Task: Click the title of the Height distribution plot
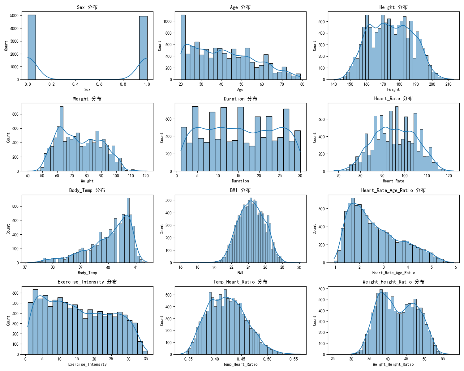tap(393, 7)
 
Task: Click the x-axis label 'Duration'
tap(240, 181)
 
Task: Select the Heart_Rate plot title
tap(393, 99)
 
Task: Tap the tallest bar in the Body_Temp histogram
tap(128, 230)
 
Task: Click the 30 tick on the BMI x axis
tap(299, 267)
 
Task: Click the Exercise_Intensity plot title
tap(87, 282)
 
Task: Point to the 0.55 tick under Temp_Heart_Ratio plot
tap(294, 359)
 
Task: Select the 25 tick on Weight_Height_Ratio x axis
tap(333, 359)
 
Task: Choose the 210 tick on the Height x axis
tap(448, 84)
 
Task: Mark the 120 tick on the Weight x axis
tap(145, 176)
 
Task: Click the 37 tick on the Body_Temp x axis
tap(25, 267)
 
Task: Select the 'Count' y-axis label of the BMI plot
tap(161, 229)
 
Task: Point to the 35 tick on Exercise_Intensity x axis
tap(146, 359)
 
